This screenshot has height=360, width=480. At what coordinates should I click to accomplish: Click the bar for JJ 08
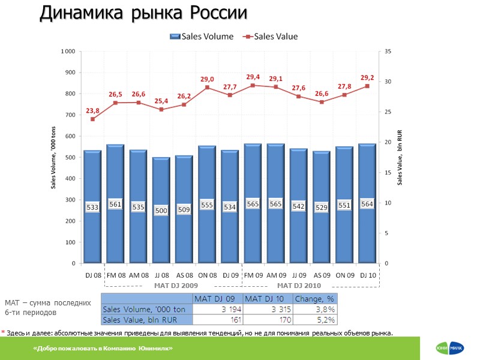161,210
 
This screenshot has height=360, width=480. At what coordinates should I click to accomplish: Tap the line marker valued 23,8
92,119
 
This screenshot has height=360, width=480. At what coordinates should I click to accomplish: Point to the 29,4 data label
253,77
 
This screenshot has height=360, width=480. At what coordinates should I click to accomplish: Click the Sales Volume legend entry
202,36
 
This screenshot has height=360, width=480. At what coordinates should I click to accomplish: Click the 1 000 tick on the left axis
67,52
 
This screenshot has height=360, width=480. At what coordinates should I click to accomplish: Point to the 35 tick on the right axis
388,52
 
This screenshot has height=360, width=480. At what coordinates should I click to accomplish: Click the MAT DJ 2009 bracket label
176,285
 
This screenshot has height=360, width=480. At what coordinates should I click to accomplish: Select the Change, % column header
314,299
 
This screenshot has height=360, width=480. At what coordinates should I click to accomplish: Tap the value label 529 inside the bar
322,207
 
